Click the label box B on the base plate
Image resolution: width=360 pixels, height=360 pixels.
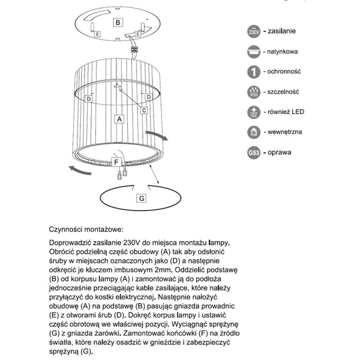point(118,23)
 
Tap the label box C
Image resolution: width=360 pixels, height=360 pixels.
point(145,110)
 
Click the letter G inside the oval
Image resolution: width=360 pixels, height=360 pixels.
point(142,197)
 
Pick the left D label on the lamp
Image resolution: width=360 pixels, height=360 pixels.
point(88,97)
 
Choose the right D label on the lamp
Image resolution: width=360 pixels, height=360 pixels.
point(147,97)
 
